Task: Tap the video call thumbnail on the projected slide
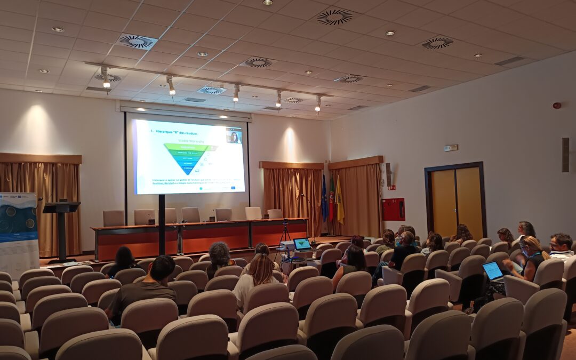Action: pyautogui.click(x=234, y=136)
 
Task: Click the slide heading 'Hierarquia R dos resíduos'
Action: pyautogui.click(x=174, y=133)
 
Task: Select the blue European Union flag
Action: pyautogui.click(x=324, y=199)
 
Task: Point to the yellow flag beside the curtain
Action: pyautogui.click(x=340, y=202)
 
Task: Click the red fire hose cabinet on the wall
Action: pyautogui.click(x=393, y=209)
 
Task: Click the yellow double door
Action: pyautogui.click(x=456, y=198)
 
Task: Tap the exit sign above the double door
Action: pyautogui.click(x=451, y=148)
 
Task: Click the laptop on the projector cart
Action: pyautogui.click(x=302, y=244)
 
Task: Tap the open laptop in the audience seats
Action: pyautogui.click(x=493, y=271)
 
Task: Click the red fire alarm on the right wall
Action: pyautogui.click(x=557, y=106)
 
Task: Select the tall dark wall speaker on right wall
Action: pyautogui.click(x=565, y=155)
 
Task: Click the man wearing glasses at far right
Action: pyautogui.click(x=561, y=245)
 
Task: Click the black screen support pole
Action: pyautogui.click(x=162, y=224)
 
